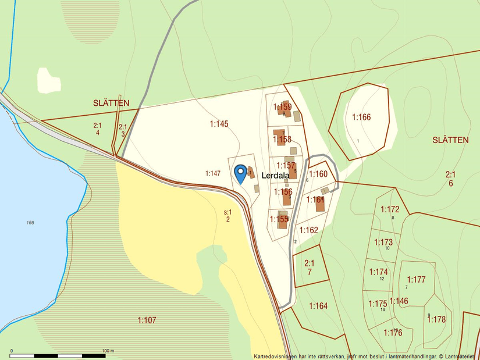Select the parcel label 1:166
coord(361,117)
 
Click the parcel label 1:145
coord(219,124)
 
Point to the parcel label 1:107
coord(147,320)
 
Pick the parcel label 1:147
coord(213,173)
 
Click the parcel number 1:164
coord(318,306)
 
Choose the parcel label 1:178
coord(436,319)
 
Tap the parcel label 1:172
coord(390,209)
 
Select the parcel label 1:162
coord(308,230)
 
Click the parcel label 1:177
coord(417,280)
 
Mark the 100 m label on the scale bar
coord(108,351)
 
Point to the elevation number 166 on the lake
coord(30,223)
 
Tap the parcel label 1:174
coord(378,272)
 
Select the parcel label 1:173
coord(383,242)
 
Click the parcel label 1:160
coord(318,174)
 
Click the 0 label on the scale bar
coord(12,351)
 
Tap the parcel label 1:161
coord(315,200)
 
